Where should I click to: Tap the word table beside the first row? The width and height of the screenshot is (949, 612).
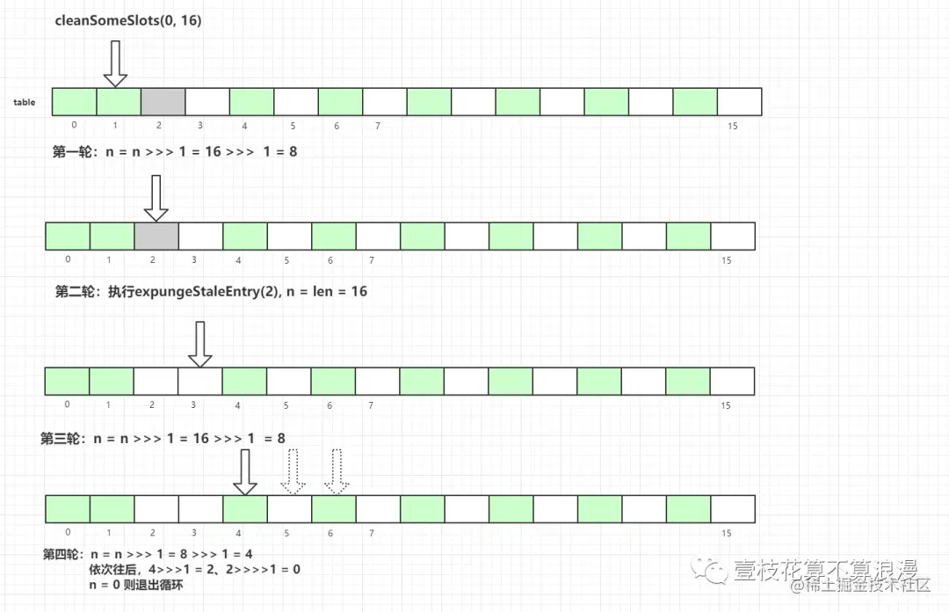click(x=25, y=103)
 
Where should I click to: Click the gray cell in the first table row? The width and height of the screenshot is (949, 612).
click(x=163, y=102)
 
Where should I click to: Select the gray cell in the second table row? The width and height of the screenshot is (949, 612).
click(x=156, y=237)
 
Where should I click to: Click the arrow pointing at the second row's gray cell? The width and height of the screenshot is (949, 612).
click(x=156, y=198)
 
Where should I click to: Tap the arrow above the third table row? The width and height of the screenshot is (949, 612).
click(x=200, y=344)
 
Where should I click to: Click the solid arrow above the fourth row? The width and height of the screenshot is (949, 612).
click(x=245, y=472)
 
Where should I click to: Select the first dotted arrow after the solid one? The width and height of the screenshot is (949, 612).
click(x=292, y=472)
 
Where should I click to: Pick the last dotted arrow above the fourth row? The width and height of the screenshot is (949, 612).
click(x=337, y=472)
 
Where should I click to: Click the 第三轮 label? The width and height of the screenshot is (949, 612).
click(x=62, y=438)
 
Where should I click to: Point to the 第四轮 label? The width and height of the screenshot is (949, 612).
click(x=64, y=555)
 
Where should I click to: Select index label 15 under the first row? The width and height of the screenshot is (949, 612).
click(x=733, y=127)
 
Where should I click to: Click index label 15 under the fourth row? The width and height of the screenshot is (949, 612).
click(x=726, y=533)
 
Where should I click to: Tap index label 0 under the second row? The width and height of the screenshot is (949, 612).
click(x=68, y=259)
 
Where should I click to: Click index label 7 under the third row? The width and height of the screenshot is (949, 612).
click(x=371, y=405)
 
